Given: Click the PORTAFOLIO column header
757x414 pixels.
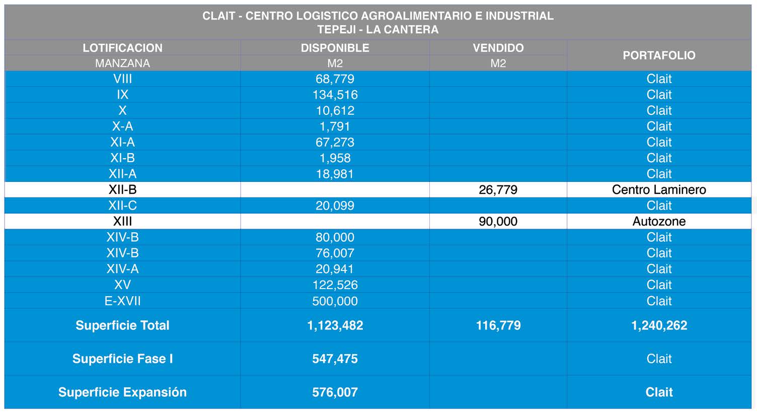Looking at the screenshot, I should point(659,55).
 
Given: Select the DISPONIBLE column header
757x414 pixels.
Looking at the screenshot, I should point(335,48).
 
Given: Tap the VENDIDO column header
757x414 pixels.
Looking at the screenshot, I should point(498,48).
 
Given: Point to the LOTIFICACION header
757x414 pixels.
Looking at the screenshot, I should point(122,48).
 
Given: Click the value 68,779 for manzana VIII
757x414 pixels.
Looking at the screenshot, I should point(335,79).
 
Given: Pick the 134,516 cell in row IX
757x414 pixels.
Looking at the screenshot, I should point(335,95).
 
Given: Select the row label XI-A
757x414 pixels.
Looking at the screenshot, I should point(122,142).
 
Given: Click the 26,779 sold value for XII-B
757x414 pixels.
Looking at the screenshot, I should point(498,190).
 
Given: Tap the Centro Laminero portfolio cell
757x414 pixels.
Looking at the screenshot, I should point(659,190).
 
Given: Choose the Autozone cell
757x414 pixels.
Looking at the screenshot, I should point(659,222).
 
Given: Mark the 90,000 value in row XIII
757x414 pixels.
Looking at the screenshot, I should point(498,222).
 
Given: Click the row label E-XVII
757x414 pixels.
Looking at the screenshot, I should point(122,301).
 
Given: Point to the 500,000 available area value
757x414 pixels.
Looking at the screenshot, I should point(335,301).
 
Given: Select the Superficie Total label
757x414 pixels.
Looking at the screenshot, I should point(122,325).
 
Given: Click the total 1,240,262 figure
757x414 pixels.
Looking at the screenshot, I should point(659,325).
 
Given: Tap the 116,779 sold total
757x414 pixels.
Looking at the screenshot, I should point(498,325).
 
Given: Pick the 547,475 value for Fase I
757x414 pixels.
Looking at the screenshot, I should point(335,359).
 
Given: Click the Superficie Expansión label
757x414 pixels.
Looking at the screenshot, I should point(122,392).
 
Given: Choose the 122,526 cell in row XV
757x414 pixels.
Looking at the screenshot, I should point(335,285).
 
